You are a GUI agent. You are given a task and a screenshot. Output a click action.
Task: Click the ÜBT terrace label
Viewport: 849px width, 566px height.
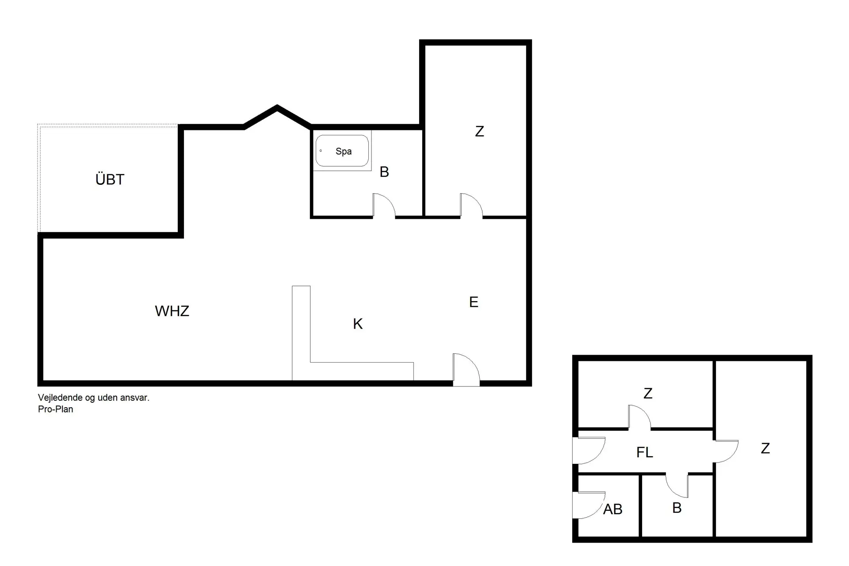coord(110,179)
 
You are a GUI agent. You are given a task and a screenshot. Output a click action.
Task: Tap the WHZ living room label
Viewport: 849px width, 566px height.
coord(172,311)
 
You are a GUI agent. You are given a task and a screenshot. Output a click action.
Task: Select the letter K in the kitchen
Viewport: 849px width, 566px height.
coord(358,324)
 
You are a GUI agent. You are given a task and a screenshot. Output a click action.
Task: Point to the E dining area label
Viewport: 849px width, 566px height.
coord(474,302)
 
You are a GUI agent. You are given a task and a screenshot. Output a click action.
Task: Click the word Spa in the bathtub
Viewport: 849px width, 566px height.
coord(344,151)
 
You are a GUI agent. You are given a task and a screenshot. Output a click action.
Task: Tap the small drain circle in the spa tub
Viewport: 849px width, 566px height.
coord(321,151)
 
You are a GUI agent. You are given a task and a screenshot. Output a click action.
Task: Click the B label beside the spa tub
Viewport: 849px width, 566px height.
coord(384,172)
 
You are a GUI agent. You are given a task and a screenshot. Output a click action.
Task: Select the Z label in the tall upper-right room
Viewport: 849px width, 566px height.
coord(479,131)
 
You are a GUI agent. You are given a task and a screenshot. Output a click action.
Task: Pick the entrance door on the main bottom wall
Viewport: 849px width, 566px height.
coord(466,370)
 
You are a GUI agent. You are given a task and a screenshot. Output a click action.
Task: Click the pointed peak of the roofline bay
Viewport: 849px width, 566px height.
coord(277,107)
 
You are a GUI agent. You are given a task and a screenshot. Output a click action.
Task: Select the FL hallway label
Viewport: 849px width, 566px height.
coord(644,452)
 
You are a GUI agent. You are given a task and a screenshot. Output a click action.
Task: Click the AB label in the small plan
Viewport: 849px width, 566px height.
coord(612,509)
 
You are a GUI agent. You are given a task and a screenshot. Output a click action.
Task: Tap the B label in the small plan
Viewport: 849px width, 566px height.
coord(677,508)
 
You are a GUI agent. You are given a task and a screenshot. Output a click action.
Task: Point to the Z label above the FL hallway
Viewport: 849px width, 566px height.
coord(648,393)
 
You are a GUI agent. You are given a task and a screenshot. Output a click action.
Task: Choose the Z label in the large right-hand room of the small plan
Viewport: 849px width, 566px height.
coord(765,448)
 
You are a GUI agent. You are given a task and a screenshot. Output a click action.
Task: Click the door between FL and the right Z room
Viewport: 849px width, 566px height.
coord(726,451)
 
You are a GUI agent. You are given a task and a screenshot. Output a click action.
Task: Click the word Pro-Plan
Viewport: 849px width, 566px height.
coord(56,409)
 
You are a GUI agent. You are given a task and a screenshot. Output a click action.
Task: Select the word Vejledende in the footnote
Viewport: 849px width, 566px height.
coord(60,398)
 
